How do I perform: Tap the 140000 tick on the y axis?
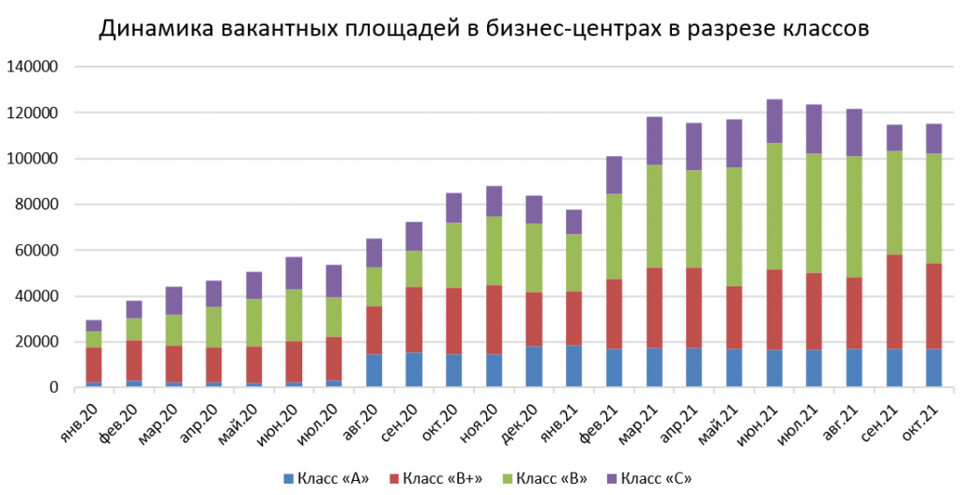point(33,67)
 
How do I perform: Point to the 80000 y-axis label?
point(37,205)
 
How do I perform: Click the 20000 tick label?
point(37,342)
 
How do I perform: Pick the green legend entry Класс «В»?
point(549,478)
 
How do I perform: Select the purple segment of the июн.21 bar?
point(774,121)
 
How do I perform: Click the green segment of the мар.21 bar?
point(654,217)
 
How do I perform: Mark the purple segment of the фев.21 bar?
point(615,175)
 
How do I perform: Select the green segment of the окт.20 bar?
point(454,255)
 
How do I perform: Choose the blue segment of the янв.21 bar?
point(574,366)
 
